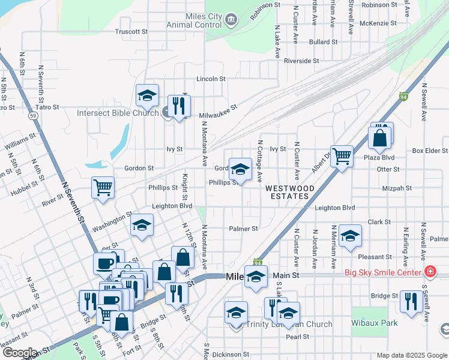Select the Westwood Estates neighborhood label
pos(289,192)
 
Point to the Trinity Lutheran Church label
pos(289,325)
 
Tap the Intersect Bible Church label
pos(118,112)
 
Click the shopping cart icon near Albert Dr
pos(342,157)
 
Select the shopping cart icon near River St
pos(103,187)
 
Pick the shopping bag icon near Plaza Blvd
pos(380,139)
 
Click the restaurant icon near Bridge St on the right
pos(411,301)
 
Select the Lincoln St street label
pos(211,79)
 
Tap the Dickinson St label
pos(231,355)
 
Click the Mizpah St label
pos(397,188)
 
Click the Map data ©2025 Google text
pos(412,355)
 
